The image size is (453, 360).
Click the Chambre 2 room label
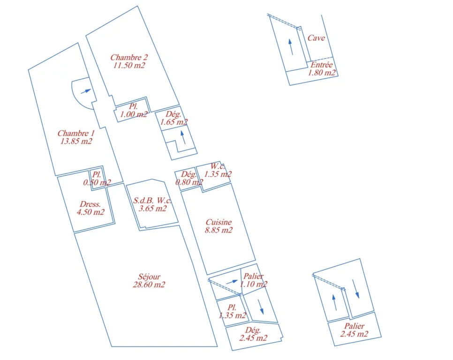[129, 57]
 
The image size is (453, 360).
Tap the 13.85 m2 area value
[76, 141]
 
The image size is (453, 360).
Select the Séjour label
[149, 277]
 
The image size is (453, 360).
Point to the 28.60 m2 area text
[149, 285]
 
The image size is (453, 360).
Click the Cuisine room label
[219, 222]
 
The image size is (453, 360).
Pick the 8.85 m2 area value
[219, 230]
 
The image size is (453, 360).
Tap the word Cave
[316, 38]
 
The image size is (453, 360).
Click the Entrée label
[322, 65]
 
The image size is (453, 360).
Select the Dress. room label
[91, 204]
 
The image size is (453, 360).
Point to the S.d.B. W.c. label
[152, 200]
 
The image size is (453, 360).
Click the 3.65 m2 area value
[152, 209]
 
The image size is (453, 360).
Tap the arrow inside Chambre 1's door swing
[86, 91]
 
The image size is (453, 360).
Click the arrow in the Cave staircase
[291, 47]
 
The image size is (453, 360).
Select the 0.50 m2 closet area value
[97, 182]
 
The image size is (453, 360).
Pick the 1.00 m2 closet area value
[134, 114]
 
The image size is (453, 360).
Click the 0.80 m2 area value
[189, 182]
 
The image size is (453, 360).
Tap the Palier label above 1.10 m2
[253, 276]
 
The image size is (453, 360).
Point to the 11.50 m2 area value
[129, 65]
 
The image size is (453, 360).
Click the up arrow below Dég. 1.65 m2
[183, 137]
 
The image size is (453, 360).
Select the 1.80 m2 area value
[322, 73]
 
